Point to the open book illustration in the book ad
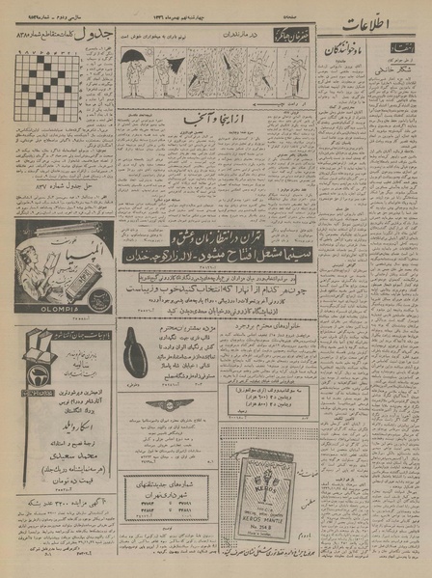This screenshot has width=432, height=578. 39,341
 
